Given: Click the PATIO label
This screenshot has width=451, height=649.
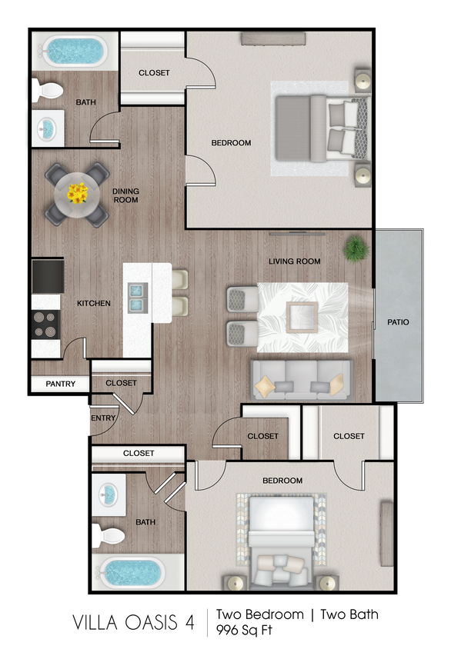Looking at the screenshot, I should (398, 322).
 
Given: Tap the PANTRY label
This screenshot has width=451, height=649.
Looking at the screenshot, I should (61, 384).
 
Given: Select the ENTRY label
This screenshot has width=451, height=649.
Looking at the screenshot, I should (103, 418).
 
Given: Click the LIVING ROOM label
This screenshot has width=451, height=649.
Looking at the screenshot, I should (294, 261).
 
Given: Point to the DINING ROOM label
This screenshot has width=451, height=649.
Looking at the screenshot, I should (125, 195).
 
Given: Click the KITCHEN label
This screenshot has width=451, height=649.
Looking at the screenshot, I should (94, 304).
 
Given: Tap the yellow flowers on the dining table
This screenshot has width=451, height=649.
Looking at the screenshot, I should (77, 193).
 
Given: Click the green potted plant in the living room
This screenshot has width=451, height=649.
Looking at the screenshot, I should (356, 248).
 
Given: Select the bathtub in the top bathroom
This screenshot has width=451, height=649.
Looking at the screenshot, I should (75, 52).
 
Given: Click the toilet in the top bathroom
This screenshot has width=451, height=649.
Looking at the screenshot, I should (47, 91).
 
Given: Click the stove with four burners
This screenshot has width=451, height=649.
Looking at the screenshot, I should (46, 324).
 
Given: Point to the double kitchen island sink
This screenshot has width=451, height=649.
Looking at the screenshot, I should (138, 298).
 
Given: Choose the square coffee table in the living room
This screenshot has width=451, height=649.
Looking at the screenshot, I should (302, 316).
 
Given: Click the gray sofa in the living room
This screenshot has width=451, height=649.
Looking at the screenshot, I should (302, 379).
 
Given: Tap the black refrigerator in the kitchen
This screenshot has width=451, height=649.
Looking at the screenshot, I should (47, 275).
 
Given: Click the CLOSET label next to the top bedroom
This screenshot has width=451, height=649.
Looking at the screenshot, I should (154, 73).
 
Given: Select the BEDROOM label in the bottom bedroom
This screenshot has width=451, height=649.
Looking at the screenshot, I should (282, 481).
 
